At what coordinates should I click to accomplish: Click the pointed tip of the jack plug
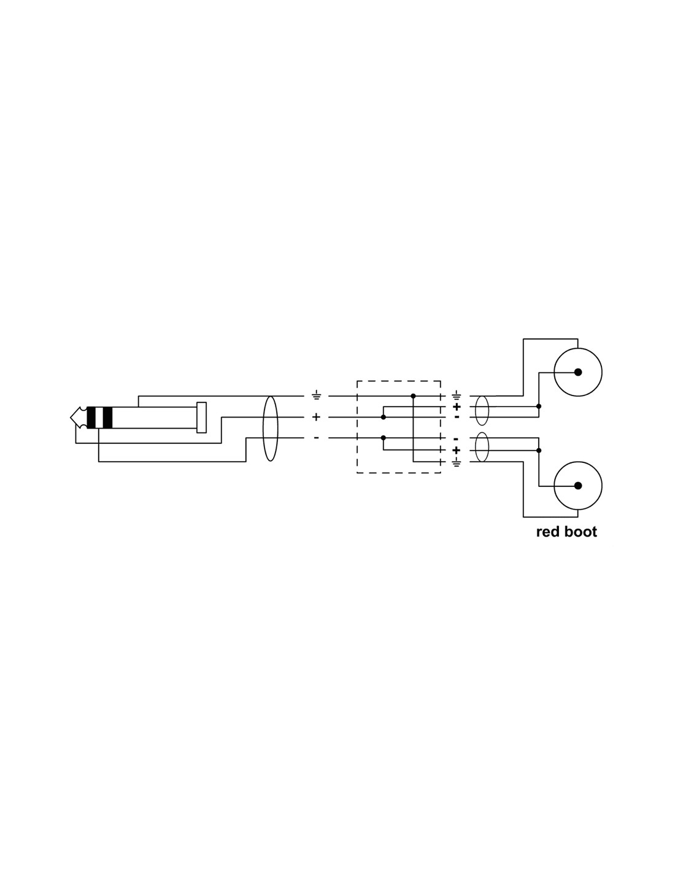[x=71, y=418]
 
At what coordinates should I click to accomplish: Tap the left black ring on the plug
[x=91, y=418]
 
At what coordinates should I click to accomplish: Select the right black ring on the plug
[x=107, y=418]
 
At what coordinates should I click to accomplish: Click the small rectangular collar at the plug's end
[x=201, y=418]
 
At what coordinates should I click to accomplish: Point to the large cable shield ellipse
[x=270, y=428]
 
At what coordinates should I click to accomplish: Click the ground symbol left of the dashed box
[x=317, y=396]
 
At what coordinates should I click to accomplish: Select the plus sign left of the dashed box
[x=317, y=418]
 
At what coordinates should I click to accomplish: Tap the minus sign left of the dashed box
[x=317, y=437]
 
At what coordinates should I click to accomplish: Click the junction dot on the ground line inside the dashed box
[x=413, y=396]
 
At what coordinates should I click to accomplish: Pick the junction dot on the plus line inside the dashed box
[x=383, y=418]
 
